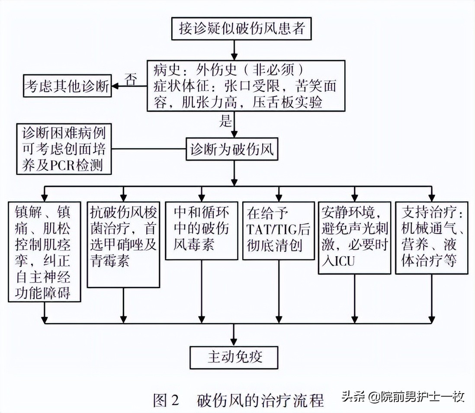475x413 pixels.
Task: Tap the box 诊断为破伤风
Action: [x=232, y=150]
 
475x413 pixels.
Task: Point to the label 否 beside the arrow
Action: [x=131, y=78]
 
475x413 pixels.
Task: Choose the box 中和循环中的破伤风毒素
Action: [x=202, y=229]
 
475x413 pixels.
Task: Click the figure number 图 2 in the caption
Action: [x=166, y=400]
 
